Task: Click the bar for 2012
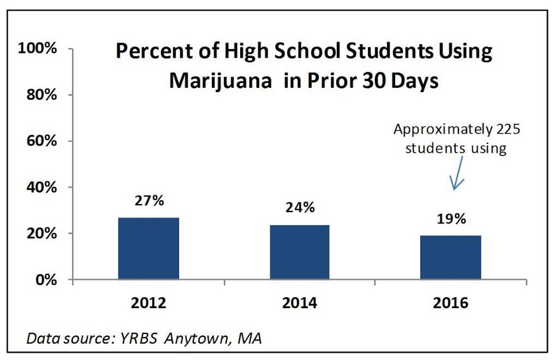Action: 148,248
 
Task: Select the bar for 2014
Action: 300,252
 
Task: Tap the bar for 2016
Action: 450,257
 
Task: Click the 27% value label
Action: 150,201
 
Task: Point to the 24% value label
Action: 300,207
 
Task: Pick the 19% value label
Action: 451,219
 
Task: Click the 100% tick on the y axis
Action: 38,48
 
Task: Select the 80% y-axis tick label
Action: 41,95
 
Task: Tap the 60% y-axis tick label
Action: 41,141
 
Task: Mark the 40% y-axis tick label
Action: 41,187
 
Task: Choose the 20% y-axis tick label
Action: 41,233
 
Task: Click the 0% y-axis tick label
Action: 46,280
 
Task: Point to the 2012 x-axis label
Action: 148,303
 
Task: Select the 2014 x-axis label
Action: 300,303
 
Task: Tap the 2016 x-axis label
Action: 450,303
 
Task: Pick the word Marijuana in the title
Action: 221,81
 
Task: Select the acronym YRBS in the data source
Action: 139,338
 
